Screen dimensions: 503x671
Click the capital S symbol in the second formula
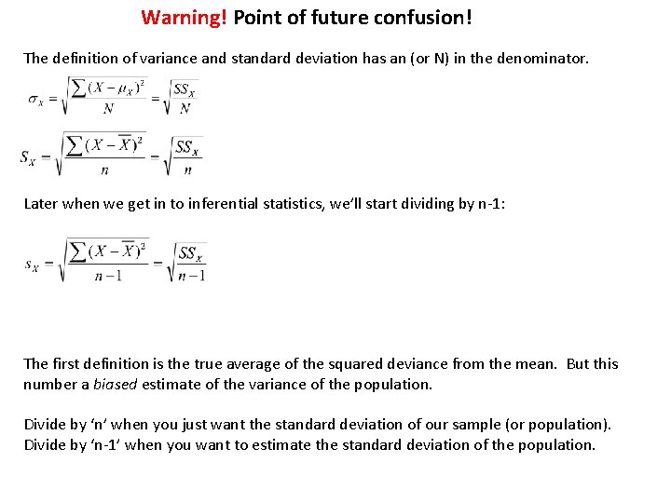28,156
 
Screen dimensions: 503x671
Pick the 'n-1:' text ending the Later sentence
492,204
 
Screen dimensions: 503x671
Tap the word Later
41,204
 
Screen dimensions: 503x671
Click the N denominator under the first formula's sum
108,108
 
